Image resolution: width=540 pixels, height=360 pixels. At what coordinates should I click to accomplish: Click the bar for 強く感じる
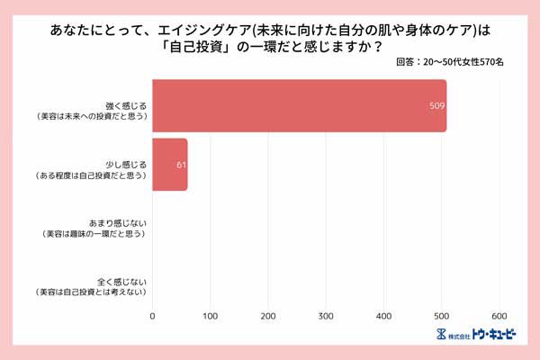299,106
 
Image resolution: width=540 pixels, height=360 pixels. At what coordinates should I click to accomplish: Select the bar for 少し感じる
170,164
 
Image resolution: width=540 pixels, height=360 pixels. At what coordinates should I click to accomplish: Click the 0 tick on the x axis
153,316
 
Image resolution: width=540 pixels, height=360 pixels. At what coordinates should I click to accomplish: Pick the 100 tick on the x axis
211,316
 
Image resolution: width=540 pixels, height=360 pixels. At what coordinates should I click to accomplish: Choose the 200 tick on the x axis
268,316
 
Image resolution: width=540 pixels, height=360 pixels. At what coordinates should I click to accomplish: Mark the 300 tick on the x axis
327,316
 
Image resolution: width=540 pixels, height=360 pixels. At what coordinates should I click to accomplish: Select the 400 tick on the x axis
384,316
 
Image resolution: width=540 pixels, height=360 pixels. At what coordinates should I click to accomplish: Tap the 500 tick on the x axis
442,316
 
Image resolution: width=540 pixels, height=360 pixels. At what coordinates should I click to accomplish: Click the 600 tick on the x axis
500,316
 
